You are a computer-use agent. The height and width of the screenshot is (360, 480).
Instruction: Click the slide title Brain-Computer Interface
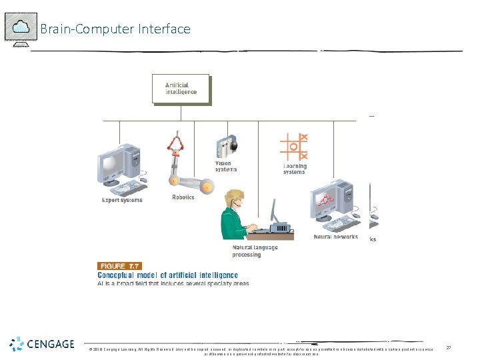(115, 29)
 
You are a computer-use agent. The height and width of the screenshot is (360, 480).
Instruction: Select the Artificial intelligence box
(181, 89)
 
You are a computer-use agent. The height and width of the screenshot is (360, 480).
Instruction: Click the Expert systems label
(122, 199)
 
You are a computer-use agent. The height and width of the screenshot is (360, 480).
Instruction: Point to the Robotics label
(183, 197)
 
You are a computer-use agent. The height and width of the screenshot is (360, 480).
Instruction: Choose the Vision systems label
(225, 166)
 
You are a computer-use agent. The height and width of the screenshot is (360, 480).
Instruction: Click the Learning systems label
(294, 169)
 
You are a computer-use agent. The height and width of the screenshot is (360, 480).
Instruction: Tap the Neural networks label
(335, 237)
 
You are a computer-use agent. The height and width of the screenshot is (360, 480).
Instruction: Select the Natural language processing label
(255, 251)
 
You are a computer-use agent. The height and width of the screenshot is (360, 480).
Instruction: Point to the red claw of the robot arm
(177, 142)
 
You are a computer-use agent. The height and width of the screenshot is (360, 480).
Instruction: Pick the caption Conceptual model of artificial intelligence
(168, 275)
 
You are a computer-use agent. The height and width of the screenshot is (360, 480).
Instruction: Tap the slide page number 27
(448, 347)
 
